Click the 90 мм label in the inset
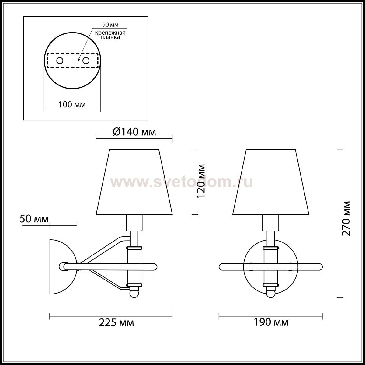point(110,25)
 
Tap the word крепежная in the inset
point(110,33)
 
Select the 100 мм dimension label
point(72,105)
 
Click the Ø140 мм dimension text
point(134,132)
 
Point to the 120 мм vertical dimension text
point(201,181)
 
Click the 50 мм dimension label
point(34,219)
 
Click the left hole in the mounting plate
point(60,61)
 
